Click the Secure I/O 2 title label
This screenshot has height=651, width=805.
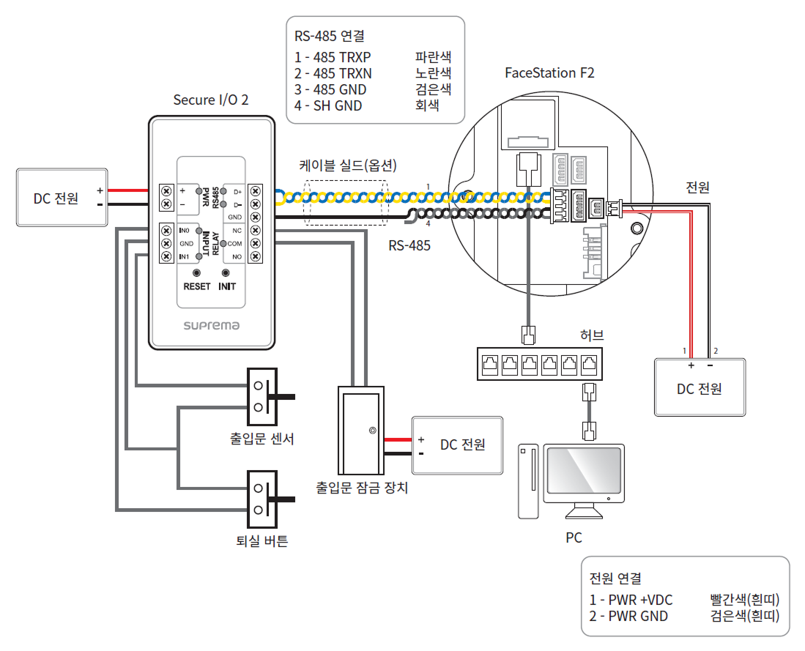point(210,100)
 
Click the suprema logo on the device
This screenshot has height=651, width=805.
point(211,325)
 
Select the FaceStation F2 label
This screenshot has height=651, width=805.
point(549,72)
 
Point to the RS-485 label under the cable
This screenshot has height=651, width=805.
point(409,246)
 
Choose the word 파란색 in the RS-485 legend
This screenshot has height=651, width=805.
point(433,56)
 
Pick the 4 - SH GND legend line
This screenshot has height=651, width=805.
point(328,106)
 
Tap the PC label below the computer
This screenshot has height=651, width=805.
point(574,538)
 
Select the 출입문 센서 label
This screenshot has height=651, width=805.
point(261,439)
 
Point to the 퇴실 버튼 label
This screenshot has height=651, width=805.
point(261,541)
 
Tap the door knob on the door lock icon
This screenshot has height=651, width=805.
point(373,431)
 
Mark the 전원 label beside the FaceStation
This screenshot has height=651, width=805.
point(697,187)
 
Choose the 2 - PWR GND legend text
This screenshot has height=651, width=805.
point(628,616)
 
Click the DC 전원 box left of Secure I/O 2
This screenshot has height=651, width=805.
point(62,198)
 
